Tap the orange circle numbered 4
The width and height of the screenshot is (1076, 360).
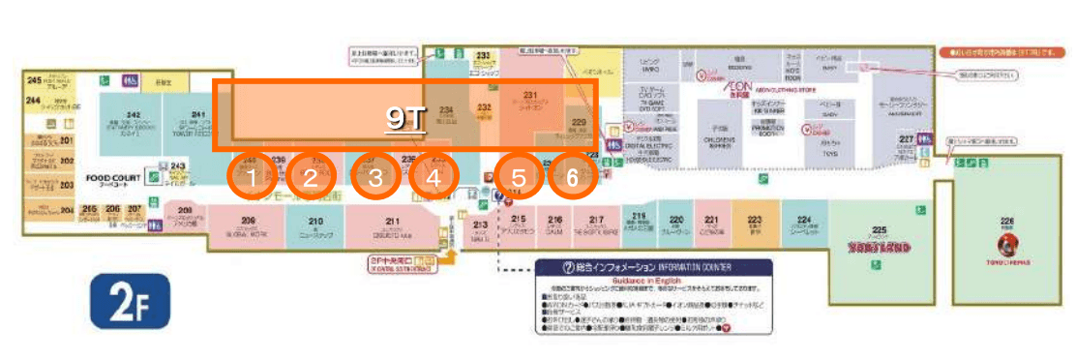pos(310,177)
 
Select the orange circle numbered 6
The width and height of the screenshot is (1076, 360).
pos(375,177)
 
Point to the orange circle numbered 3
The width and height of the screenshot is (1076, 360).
pos(433,177)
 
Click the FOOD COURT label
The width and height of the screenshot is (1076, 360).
pos(114,178)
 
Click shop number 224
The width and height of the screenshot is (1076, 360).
pos(804,220)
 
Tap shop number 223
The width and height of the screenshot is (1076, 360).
pos(754,220)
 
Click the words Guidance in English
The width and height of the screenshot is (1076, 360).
pos(654,280)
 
